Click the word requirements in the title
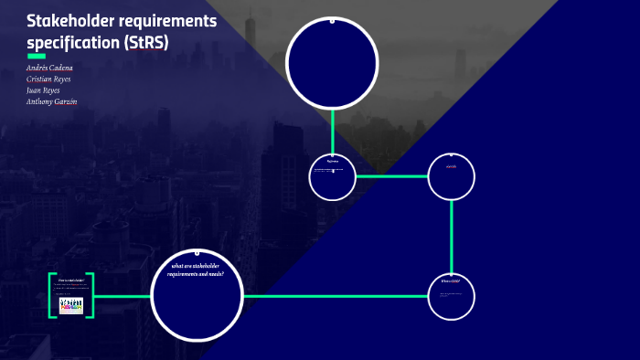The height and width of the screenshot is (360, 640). coord(174,21)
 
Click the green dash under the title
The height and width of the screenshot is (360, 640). coord(37,56)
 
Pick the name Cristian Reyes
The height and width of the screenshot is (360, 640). coord(48,79)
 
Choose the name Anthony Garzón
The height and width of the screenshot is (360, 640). coord(51,101)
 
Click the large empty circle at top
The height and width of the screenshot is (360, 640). coord(332,62)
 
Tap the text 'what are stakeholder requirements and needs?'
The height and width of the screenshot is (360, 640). coord(197,270)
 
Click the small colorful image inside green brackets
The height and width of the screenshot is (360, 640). coord(70,305)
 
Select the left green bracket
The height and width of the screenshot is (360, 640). coord(51,295)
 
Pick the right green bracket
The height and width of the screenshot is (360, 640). coord(91,295)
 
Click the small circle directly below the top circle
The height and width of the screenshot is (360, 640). coord(332,176)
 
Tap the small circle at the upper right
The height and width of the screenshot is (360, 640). coord(452,176)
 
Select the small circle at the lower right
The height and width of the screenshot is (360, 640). coord(452,296)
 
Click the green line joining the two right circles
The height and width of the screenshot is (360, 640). coord(452,236)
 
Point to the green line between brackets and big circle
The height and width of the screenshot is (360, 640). coord(122,296)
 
